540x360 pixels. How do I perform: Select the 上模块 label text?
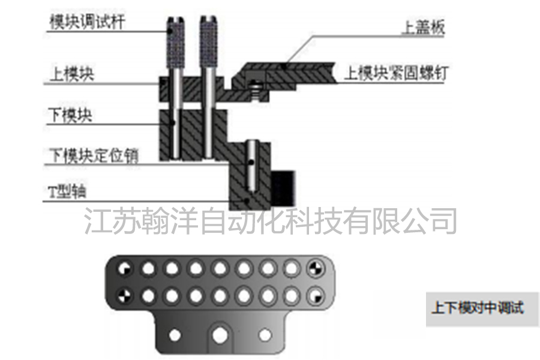pyautogui.click(x=71, y=74)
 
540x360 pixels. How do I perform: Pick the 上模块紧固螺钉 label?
pyautogui.click(x=394, y=74)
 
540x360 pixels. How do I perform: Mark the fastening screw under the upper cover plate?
pyautogui.click(x=256, y=90)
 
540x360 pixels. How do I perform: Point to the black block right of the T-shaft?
pyautogui.click(x=281, y=188)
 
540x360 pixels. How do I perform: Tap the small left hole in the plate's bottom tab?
pyautogui.click(x=174, y=334)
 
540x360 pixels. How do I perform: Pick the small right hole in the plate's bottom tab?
pyautogui.click(x=264, y=334)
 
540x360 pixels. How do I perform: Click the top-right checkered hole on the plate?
pyautogui.click(x=314, y=268)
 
